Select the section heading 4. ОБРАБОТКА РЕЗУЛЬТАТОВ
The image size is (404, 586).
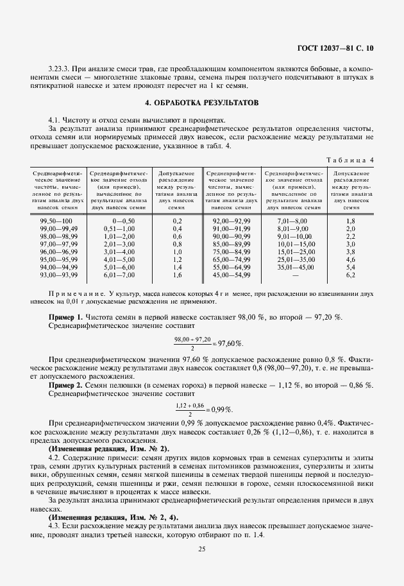pos(202,103)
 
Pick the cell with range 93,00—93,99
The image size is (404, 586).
pos(58,275)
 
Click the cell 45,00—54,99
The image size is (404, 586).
pos(231,275)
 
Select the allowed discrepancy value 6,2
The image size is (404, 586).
pos(351,275)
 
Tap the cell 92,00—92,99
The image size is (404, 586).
pos(231,221)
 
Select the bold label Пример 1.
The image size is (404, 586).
pos(66,317)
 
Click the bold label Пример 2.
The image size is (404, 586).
pos(66,385)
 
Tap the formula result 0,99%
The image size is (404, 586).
pos(221,409)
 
